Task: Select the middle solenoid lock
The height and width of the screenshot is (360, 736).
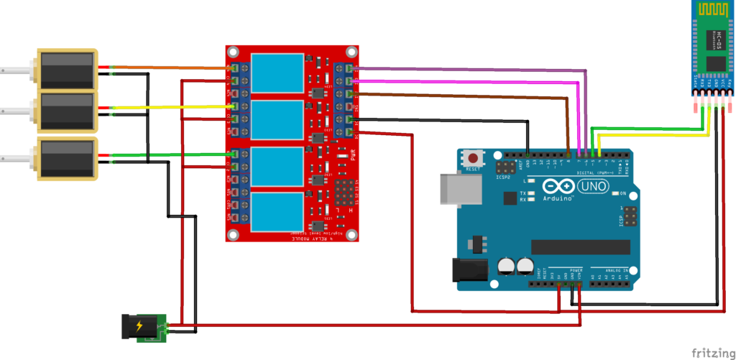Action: click(x=67, y=111)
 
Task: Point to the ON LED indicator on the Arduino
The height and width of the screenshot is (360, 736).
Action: click(x=615, y=195)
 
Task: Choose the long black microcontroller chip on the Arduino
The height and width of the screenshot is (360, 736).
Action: click(x=575, y=246)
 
